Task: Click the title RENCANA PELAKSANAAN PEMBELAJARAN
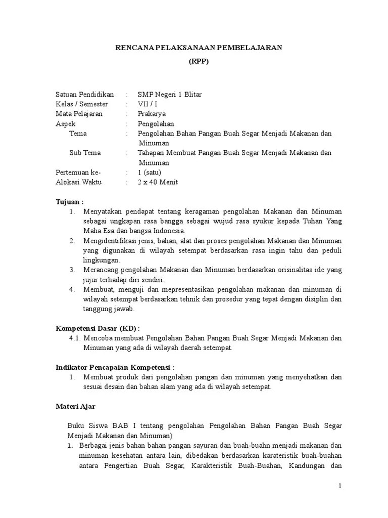coord(199,48)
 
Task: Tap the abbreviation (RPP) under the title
coord(199,62)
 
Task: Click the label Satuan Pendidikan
coord(84,95)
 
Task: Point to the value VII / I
coord(148,104)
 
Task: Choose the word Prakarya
coord(152,114)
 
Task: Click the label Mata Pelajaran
coord(79,114)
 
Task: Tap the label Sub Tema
coord(85,153)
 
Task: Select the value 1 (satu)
coord(150,172)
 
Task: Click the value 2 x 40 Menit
coord(158,182)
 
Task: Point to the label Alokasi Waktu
coord(78,182)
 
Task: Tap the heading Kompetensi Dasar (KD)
coord(97,328)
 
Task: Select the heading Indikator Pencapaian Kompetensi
coord(115,367)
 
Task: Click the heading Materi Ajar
coord(75,406)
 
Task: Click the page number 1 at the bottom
coord(340,486)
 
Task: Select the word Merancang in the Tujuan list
coord(100,270)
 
